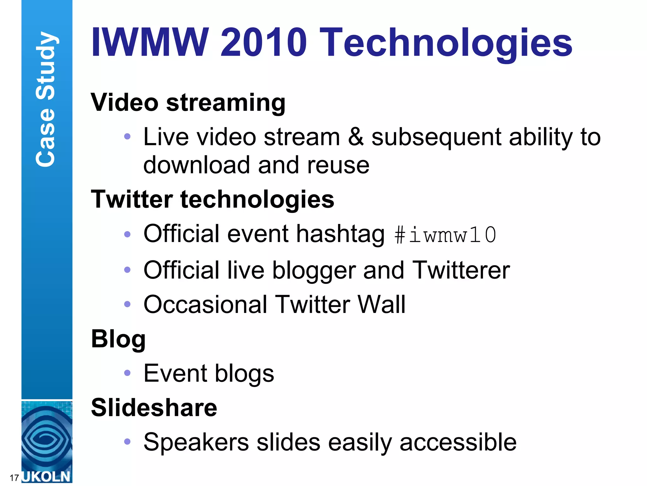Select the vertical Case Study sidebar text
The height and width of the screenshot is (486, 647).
pos(46,99)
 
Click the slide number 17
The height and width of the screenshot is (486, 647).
pos(14,477)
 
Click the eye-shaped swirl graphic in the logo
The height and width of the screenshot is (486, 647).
pos(46,438)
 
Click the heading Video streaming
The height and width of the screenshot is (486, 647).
pos(188,103)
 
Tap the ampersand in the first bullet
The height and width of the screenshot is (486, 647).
pos(356,137)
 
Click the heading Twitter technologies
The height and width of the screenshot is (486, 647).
pos(212,199)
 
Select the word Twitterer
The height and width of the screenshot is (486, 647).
pos(461,270)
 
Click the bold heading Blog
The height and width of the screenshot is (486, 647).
pos(118,339)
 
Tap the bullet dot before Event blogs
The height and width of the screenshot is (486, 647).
pos(127,373)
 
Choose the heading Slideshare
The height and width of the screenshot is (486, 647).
pos(154,408)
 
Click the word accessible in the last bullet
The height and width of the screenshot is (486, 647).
pos(458,442)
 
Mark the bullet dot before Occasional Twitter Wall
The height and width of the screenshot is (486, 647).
pos(127,304)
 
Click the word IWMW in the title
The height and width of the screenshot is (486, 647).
pos(150,42)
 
